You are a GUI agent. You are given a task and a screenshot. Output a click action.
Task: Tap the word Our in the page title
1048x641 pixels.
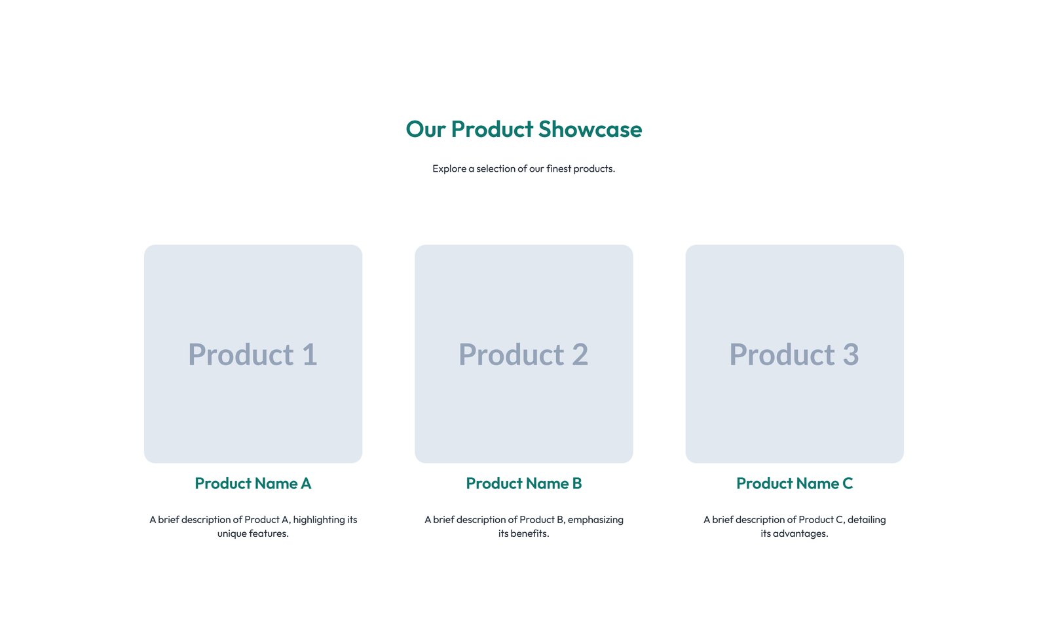[426, 129]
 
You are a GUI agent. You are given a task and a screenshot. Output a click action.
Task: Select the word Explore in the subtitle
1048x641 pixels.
[449, 168]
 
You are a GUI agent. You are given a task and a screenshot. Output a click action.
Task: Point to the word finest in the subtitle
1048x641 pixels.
[559, 168]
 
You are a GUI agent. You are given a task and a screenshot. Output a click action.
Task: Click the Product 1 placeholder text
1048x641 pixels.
[253, 355]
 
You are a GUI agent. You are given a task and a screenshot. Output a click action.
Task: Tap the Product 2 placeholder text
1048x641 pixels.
[523, 355]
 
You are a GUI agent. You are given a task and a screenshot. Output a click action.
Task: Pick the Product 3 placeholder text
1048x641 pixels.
[794, 355]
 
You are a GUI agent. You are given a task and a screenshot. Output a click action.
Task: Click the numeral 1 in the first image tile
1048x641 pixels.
[309, 355]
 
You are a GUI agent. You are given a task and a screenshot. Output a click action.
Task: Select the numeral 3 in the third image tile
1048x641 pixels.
[850, 355]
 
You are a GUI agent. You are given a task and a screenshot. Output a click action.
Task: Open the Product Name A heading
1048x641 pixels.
[253, 484]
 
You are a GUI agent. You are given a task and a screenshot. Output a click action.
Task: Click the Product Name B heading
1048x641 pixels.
[523, 484]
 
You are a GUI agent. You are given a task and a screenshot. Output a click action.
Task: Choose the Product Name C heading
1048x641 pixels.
[794, 484]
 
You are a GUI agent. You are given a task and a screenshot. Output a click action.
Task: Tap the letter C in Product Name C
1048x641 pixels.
[847, 484]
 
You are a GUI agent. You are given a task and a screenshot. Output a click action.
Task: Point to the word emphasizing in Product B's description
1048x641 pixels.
[595, 520]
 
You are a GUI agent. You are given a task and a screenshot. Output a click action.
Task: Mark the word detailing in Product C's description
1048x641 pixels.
[866, 520]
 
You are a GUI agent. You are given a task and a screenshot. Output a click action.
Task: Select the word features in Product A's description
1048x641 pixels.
[269, 534]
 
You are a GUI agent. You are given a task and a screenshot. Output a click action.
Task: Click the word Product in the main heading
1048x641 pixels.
[492, 129]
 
